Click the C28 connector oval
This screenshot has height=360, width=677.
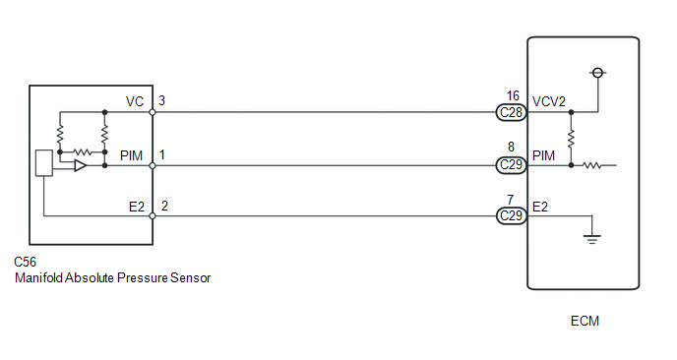512,112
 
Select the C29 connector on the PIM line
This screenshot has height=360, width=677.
512,165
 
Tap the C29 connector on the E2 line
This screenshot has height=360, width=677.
512,215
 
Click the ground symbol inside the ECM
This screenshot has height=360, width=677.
592,239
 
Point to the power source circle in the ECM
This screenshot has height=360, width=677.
598,73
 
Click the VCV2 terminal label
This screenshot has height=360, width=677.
549,102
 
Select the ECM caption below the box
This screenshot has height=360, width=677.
585,322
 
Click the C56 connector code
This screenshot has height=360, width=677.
25,262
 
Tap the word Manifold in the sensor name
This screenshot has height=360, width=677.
39,277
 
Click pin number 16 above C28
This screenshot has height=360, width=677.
513,95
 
